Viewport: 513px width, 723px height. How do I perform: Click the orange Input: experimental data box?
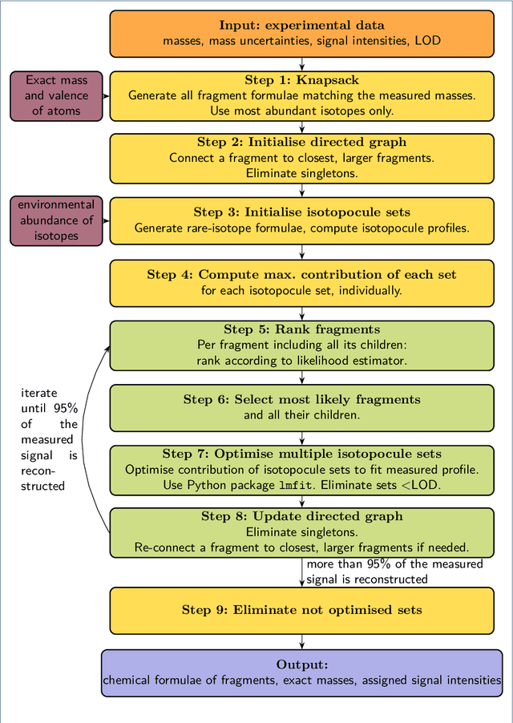(x=301, y=33)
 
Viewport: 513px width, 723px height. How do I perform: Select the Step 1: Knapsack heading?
(x=301, y=80)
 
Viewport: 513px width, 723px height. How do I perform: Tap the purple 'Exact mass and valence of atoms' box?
(x=56, y=95)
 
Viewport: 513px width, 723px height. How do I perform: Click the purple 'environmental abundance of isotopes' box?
(x=56, y=220)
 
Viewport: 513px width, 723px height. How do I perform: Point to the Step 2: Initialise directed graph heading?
(x=301, y=143)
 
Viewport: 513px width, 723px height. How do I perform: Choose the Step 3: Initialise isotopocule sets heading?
(x=301, y=212)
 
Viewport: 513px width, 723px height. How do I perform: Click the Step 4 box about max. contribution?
(x=301, y=282)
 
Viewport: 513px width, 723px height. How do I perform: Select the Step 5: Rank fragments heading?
(x=301, y=329)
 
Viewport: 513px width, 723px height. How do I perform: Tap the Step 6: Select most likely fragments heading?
(x=301, y=399)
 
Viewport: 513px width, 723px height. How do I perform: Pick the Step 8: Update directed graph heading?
(x=301, y=517)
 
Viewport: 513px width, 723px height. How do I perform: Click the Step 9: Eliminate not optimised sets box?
(x=301, y=610)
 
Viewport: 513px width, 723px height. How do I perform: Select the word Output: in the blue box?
(x=301, y=664)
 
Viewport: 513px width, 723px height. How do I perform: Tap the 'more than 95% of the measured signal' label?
(x=394, y=572)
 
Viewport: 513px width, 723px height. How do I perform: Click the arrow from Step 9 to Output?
(x=301, y=641)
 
